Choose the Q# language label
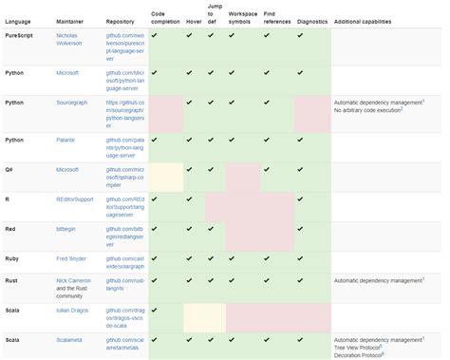9,169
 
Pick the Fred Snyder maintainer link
75,257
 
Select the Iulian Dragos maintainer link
76,310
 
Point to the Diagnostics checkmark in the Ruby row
312,257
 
